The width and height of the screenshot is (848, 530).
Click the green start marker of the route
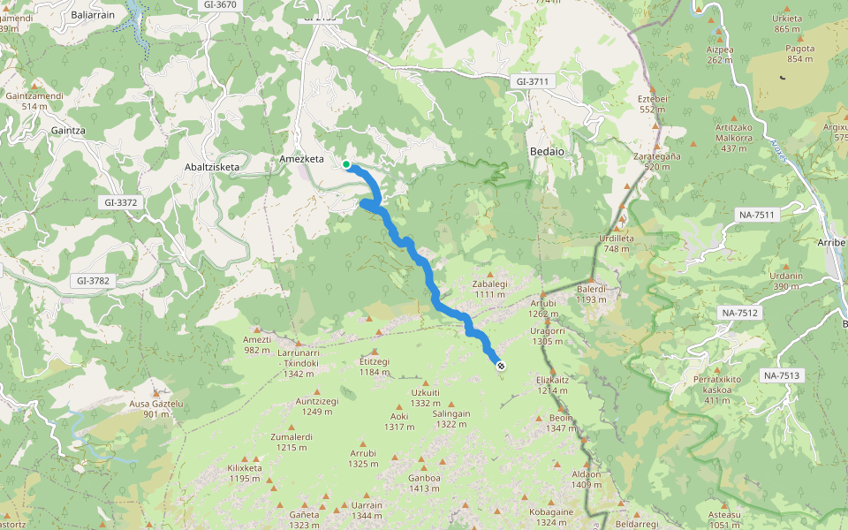pyautogui.click(x=346, y=164)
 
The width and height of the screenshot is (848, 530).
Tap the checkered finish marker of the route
pyautogui.click(x=502, y=365)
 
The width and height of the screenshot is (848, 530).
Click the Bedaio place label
pyautogui.click(x=546, y=151)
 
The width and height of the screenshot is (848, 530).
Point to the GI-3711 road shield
pyautogui.click(x=533, y=81)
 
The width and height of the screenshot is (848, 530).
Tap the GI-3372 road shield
pyautogui.click(x=120, y=202)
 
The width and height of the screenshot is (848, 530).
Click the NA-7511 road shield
pyautogui.click(x=755, y=215)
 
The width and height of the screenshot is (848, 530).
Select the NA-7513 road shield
pyautogui.click(x=781, y=375)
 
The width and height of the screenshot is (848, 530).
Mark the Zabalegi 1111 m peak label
pyautogui.click(x=489, y=289)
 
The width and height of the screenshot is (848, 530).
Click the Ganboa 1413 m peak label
pyautogui.click(x=424, y=482)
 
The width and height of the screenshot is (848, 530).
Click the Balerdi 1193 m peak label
pyautogui.click(x=591, y=293)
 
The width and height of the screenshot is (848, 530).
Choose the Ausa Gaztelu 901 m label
pyautogui.click(x=155, y=408)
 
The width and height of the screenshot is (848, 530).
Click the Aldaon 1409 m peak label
pyautogui.click(x=587, y=479)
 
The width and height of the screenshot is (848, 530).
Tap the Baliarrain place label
pyautogui.click(x=94, y=15)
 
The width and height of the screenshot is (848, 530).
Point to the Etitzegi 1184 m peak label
pyautogui.click(x=375, y=366)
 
